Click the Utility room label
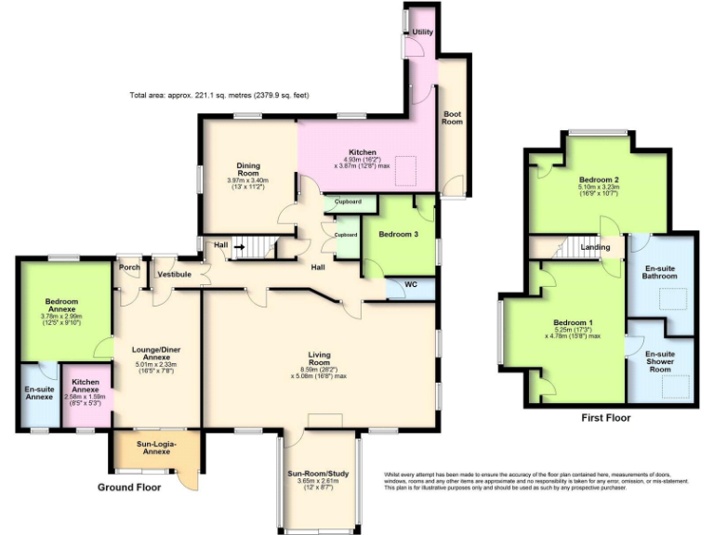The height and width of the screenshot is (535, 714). click(423, 33)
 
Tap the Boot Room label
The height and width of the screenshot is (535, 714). click(452, 117)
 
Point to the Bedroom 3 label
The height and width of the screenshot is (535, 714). click(398, 235)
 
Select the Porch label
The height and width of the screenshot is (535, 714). click(128, 269)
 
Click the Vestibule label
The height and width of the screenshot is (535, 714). click(173, 274)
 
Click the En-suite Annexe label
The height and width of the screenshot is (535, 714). click(39, 393)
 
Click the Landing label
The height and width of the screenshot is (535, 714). click(596, 247)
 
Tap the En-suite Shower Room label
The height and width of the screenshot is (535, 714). click(660, 361)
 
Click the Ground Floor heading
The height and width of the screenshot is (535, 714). click(129, 487)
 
